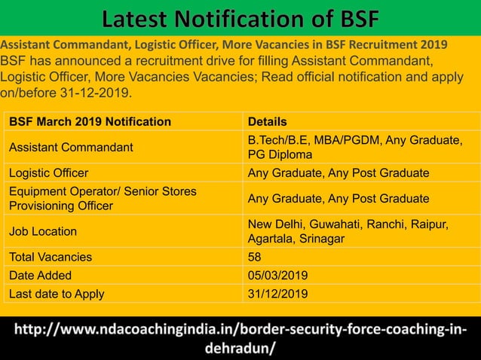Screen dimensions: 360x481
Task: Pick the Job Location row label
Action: tap(44, 231)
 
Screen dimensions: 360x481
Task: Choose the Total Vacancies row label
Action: tap(51, 257)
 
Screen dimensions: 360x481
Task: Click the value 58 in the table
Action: tap(255, 257)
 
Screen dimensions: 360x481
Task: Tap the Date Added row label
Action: tap(41, 275)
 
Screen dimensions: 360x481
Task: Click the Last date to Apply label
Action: tap(57, 294)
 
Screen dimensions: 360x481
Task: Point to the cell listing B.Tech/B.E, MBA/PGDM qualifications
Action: tap(355, 147)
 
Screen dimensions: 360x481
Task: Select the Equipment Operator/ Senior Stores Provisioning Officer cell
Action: tap(103, 199)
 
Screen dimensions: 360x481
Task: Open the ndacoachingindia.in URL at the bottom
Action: tap(240, 340)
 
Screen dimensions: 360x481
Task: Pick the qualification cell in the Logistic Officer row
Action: tap(339, 173)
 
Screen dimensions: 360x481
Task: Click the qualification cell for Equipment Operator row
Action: tap(339, 199)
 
